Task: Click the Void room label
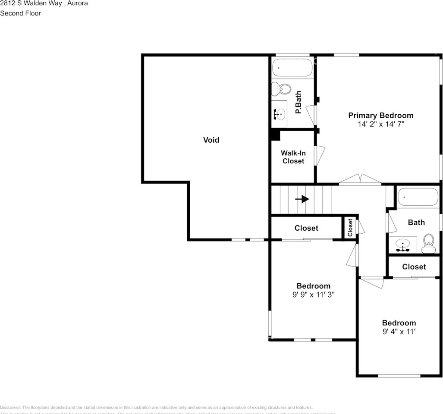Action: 211,140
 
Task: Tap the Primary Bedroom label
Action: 380,115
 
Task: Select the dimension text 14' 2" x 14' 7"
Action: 380,124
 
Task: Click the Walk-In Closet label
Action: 293,157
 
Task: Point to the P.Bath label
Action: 298,102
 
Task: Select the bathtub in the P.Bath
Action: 292,68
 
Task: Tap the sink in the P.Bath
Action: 280,115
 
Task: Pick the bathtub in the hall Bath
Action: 418,197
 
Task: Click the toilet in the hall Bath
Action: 428,244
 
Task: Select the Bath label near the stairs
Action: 416,223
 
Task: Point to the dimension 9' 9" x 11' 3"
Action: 313,295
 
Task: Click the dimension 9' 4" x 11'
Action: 399,332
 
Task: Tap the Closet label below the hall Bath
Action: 414,267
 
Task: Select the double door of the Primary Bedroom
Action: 360,180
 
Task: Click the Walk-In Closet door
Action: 320,155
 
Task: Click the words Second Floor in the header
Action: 20,13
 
